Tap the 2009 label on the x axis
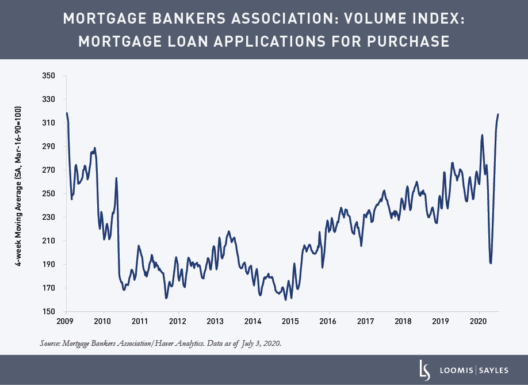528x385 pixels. tap(65, 321)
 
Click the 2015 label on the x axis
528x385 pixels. tap(291, 321)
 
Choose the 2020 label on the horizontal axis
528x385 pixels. tap(479, 321)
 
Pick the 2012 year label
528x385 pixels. tap(178, 321)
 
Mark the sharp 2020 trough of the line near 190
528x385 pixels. tap(491, 263)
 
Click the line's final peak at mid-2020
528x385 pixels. tap(498, 115)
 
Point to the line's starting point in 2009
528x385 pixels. tap(67, 113)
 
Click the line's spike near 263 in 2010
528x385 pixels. tap(116, 178)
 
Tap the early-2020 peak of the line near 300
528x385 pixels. tap(482, 135)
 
